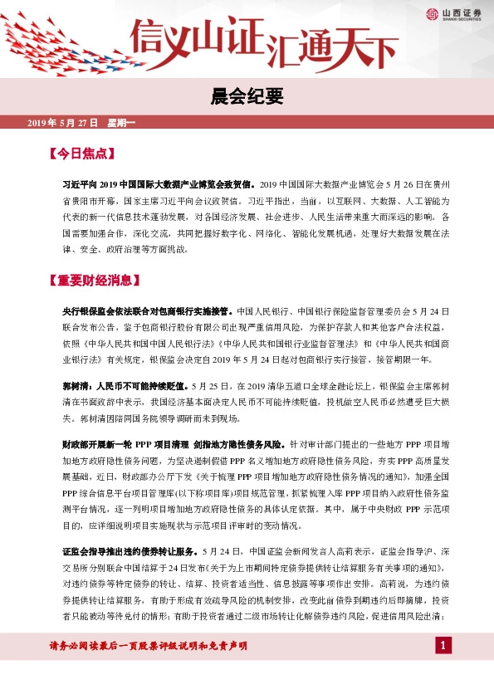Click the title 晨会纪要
point(247,97)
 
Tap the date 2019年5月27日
point(63,123)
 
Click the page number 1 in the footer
point(444,669)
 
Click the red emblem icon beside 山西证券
point(432,12)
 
